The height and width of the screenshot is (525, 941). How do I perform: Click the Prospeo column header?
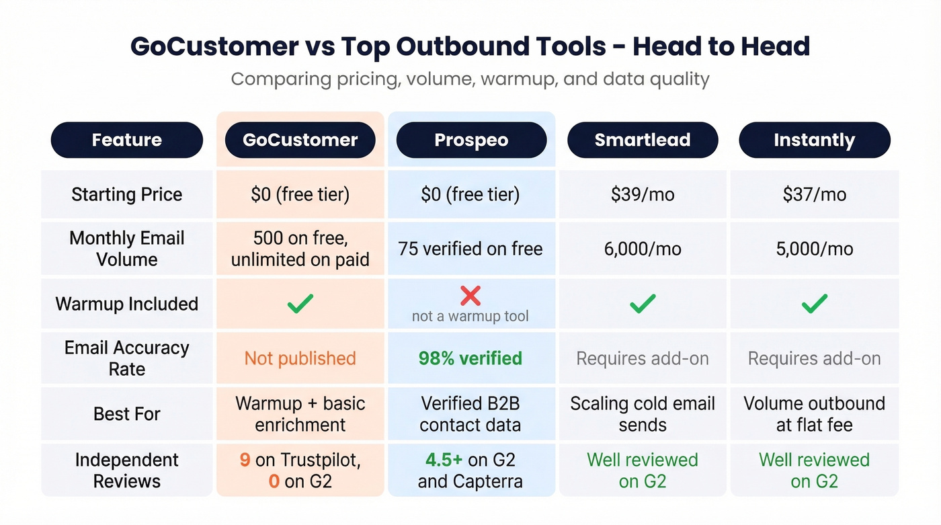(471, 140)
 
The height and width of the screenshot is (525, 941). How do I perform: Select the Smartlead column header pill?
(643, 140)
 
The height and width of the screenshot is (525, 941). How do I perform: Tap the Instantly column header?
(814, 140)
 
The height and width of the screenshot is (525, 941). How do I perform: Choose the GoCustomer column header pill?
(300, 140)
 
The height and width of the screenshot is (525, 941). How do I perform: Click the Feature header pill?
(127, 140)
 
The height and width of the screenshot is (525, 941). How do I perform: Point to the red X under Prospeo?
(470, 295)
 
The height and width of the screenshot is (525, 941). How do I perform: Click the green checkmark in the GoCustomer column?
(300, 304)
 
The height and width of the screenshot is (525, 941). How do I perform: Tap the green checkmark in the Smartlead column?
(643, 304)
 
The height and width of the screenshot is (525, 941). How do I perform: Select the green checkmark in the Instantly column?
(814, 304)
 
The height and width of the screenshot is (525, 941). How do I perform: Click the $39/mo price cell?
(643, 195)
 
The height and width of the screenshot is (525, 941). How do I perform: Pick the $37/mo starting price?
(814, 195)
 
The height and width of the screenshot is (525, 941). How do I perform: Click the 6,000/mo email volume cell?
(643, 249)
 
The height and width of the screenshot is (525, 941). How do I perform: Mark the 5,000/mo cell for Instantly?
(814, 249)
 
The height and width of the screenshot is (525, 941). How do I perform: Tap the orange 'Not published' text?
(300, 358)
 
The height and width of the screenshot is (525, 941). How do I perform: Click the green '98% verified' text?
(470, 358)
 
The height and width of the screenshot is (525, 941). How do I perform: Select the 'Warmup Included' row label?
(127, 304)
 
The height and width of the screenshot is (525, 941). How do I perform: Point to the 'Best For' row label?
(127, 413)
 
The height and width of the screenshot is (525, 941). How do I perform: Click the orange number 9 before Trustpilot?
(245, 460)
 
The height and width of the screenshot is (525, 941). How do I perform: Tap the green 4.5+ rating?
(444, 460)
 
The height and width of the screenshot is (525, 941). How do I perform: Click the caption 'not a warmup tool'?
(470, 316)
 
